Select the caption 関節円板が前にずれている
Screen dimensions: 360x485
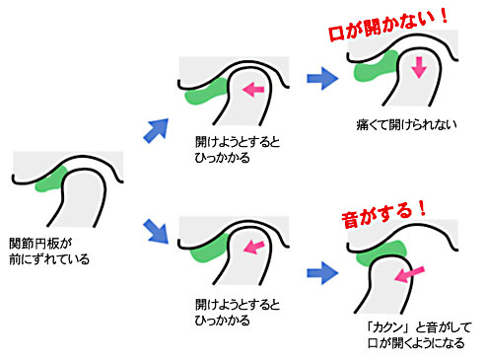point(48,252)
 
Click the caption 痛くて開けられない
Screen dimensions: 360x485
point(402,127)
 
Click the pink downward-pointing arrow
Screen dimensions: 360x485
point(419,67)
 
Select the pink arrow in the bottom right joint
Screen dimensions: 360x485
point(412,272)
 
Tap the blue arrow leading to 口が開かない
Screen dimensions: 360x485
point(320,78)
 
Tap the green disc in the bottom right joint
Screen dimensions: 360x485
point(380,254)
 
